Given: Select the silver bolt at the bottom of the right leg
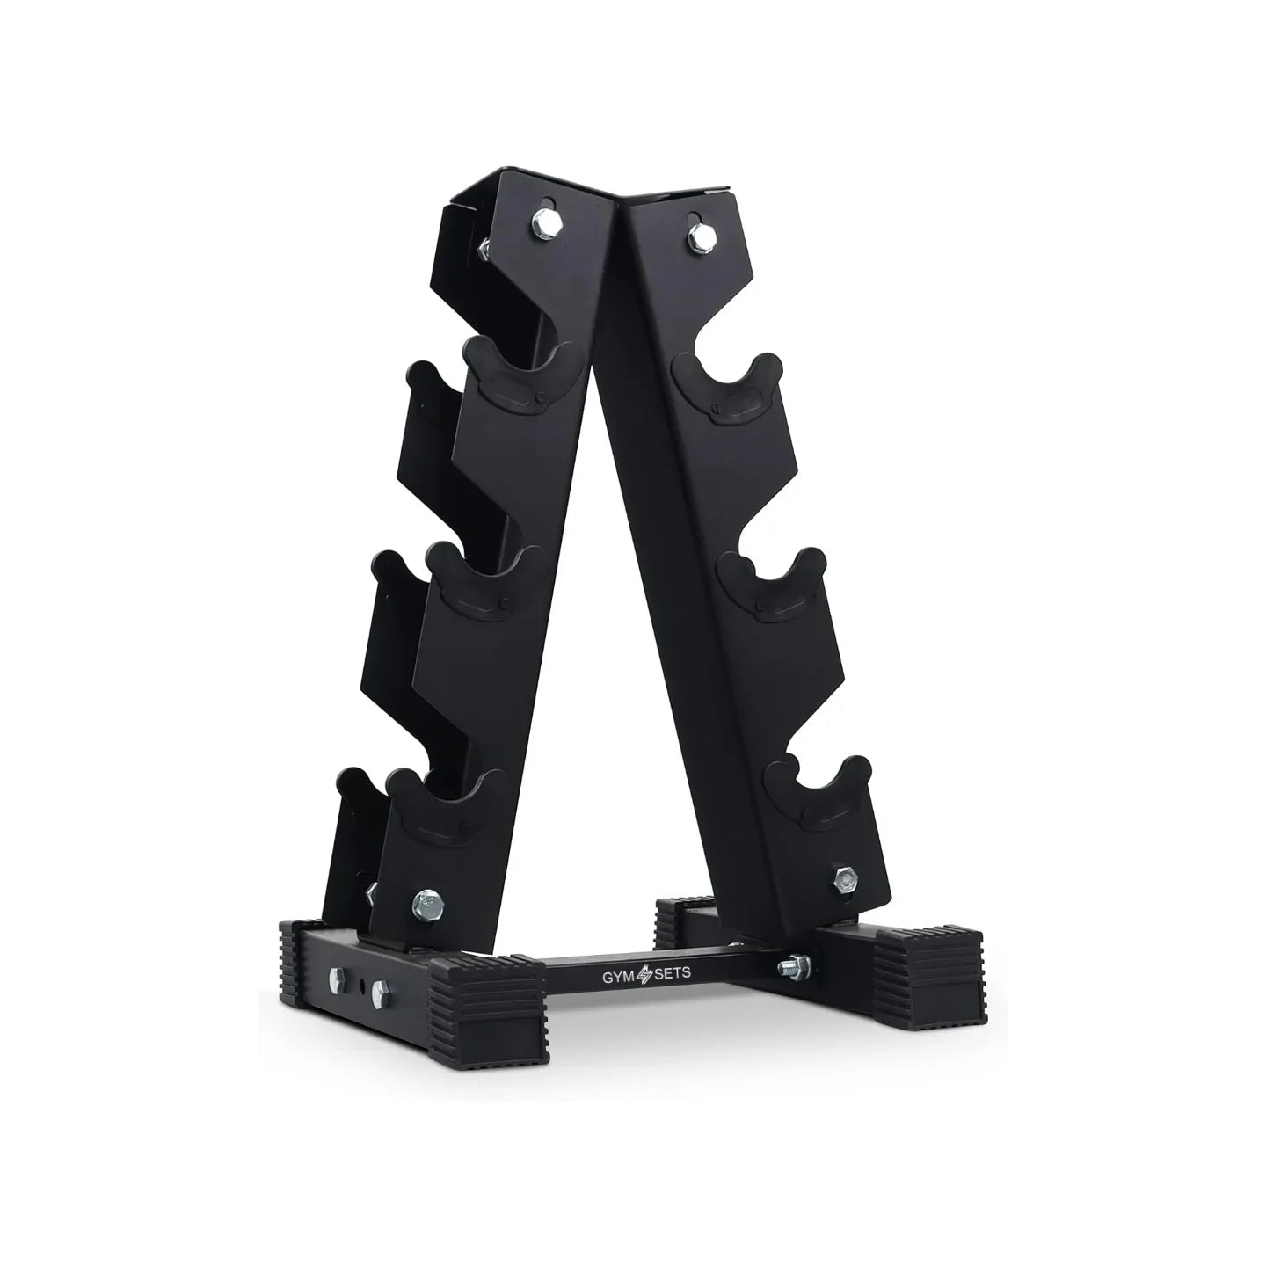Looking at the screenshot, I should coord(846,880).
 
